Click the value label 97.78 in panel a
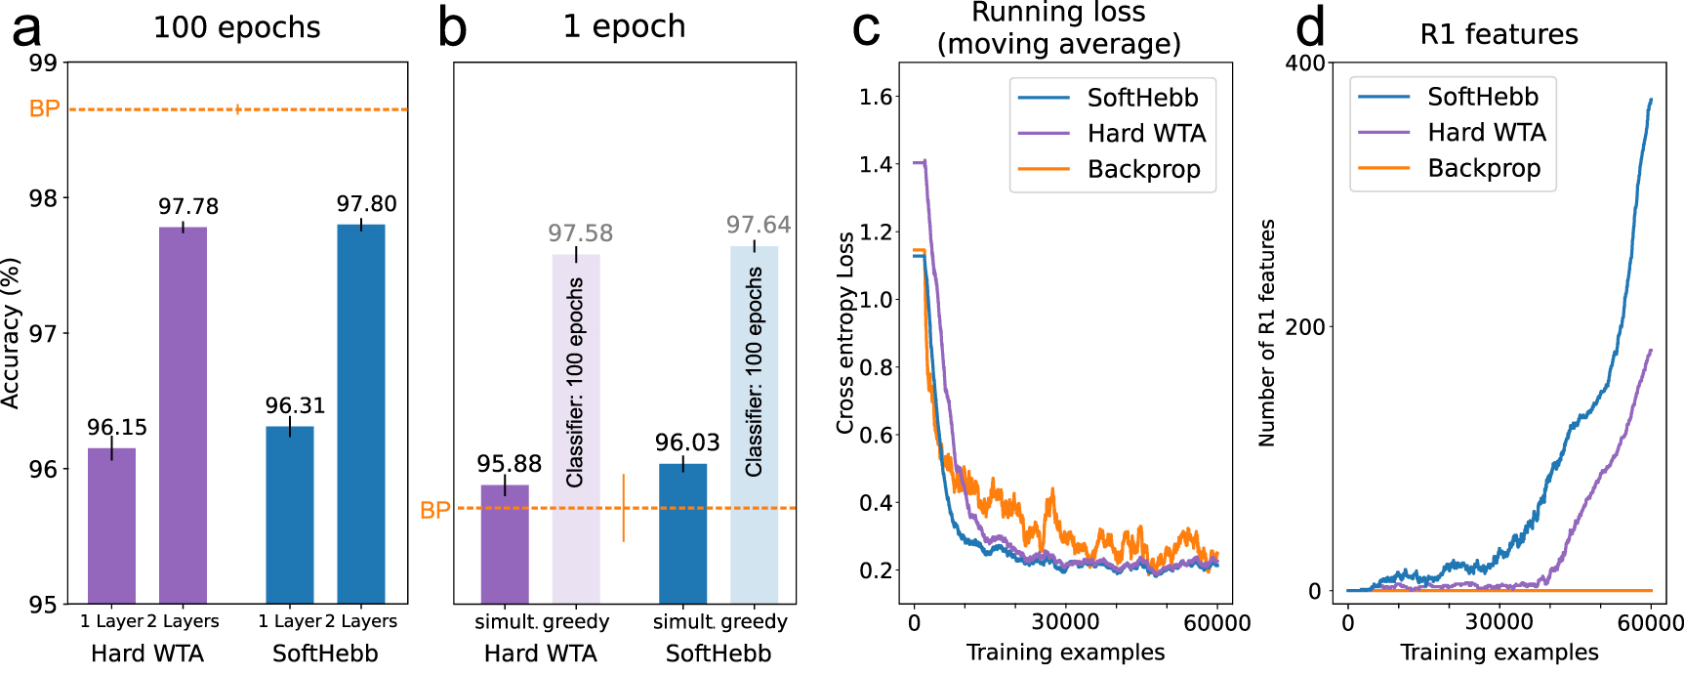188,206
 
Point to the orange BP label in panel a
44,108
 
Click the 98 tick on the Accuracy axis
43,198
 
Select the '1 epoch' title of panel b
624,26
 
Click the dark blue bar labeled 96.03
682,533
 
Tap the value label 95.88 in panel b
509,464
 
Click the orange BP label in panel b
434,510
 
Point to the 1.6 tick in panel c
876,96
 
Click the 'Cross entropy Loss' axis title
845,332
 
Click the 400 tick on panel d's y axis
1305,63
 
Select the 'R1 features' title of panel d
1499,34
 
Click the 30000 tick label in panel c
1065,622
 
